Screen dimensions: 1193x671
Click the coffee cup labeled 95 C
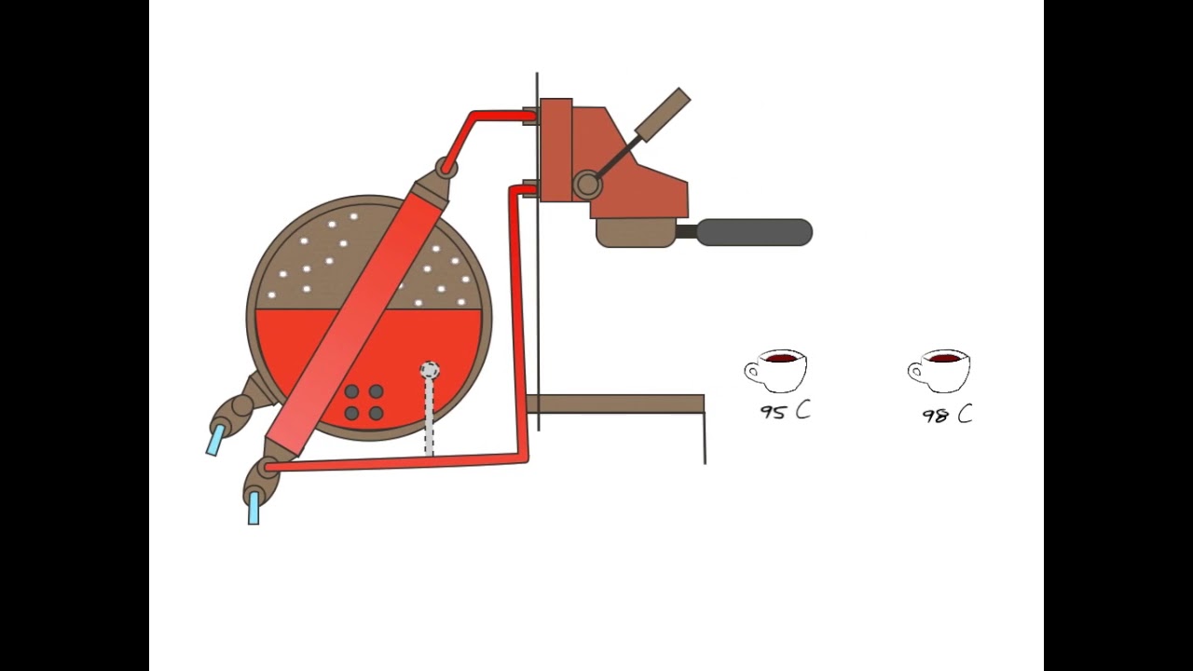(x=776, y=371)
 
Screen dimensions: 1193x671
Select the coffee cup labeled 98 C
(x=939, y=371)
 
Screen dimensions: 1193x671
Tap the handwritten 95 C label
(x=786, y=412)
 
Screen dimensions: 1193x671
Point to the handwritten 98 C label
(x=948, y=415)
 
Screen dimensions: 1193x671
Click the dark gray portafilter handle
(x=755, y=232)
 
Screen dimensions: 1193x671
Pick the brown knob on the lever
(x=663, y=115)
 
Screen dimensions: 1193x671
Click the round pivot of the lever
(x=587, y=185)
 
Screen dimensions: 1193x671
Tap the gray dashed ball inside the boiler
(x=430, y=370)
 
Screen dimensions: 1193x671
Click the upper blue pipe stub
(x=215, y=439)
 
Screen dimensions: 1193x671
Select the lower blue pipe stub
(x=254, y=508)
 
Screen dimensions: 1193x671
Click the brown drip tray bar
(x=616, y=404)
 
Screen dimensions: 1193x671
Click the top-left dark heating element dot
(x=351, y=391)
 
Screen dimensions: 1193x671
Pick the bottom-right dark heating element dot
(x=376, y=413)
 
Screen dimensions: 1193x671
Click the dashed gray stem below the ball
(x=430, y=417)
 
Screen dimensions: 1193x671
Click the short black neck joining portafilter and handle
(x=687, y=232)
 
